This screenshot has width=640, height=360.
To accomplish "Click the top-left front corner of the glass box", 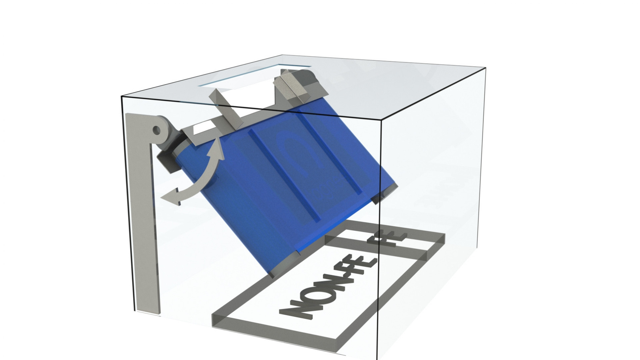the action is [121, 96].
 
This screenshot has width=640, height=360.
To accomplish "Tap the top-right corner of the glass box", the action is [485, 68].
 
